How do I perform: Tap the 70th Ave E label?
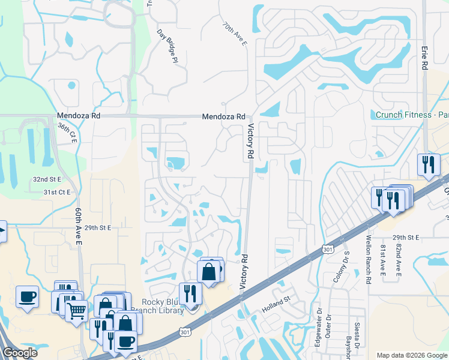click(x=234, y=35)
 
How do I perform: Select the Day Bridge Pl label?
click(x=167, y=46)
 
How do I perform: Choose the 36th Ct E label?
click(x=64, y=131)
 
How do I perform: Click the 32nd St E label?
click(x=47, y=179)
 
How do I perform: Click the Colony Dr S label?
click(x=346, y=268)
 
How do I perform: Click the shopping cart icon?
click(x=76, y=311)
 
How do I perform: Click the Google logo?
click(x=20, y=353)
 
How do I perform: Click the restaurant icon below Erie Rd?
click(x=428, y=164)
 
